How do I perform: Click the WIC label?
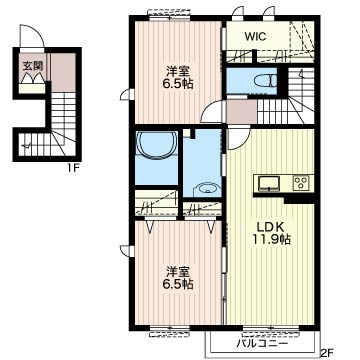pos(256,36)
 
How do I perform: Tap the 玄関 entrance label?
pos(33,65)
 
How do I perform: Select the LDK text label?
pos(270,227)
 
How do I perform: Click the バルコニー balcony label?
pos(262,343)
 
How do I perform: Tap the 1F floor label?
pos(72,168)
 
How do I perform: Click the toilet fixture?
pos(265,81)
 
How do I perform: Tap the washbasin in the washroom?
pos(208,190)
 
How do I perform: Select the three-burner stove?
pos(301,183)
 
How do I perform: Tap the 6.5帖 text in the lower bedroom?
pos(179,284)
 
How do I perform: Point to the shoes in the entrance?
pos(32,78)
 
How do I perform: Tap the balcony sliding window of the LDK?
pos(271,329)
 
